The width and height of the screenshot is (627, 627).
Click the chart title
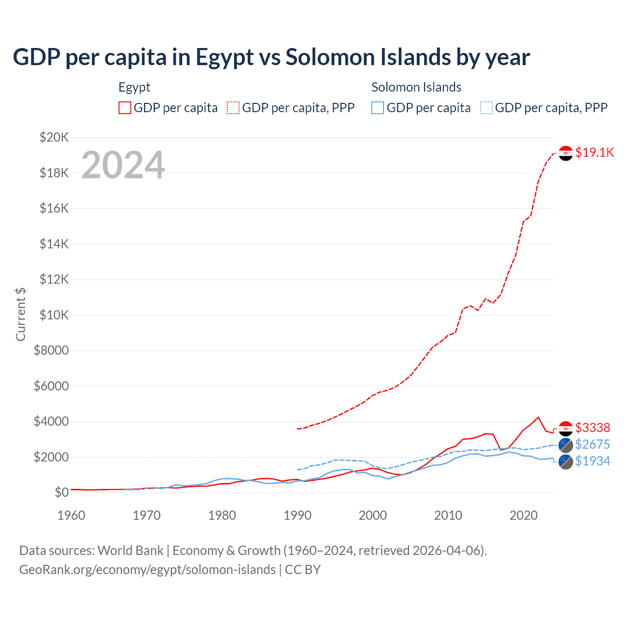tap(271, 57)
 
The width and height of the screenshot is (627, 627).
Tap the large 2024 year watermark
tap(123, 165)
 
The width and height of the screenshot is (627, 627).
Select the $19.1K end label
tap(594, 152)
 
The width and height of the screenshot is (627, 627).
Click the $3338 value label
tap(593, 428)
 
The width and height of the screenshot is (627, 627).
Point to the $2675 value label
tap(593, 444)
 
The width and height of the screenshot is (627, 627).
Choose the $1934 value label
tap(593, 461)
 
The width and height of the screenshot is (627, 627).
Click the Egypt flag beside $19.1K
tap(566, 153)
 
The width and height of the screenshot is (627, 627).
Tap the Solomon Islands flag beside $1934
tap(566, 462)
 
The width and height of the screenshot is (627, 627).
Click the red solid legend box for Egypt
tap(125, 108)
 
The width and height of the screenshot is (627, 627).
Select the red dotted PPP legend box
tap(233, 108)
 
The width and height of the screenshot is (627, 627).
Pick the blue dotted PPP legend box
tap(486, 108)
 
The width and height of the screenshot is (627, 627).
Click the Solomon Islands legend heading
tap(416, 87)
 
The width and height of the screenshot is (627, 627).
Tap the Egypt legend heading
tap(134, 87)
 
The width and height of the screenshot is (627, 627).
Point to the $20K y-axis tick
tap(54, 137)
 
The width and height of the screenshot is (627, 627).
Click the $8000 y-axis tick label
tap(51, 350)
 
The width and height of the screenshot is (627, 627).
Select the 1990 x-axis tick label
tap(297, 515)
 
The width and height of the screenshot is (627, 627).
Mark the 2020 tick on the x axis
tap(524, 515)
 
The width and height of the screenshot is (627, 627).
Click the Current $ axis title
tap(21, 314)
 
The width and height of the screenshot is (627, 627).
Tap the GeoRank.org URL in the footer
tap(147, 570)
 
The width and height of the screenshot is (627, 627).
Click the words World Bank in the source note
tap(130, 551)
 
